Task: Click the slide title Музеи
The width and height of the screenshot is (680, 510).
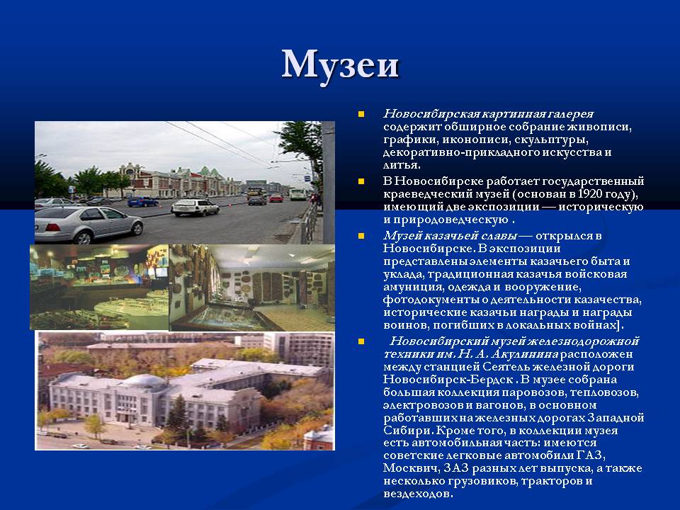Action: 340,66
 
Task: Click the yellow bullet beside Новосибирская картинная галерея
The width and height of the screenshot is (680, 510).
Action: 361,114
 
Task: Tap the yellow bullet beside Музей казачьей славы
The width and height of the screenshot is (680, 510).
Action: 361,236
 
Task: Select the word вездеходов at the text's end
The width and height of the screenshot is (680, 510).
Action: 418,494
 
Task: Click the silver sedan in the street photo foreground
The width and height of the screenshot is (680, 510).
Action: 89,225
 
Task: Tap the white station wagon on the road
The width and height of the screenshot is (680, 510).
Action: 195,208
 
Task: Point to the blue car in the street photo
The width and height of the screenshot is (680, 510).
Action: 142,201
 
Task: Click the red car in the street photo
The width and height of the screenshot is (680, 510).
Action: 276,198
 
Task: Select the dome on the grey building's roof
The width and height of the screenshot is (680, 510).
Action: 144,380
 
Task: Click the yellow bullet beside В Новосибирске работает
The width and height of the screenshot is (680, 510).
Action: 361,181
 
